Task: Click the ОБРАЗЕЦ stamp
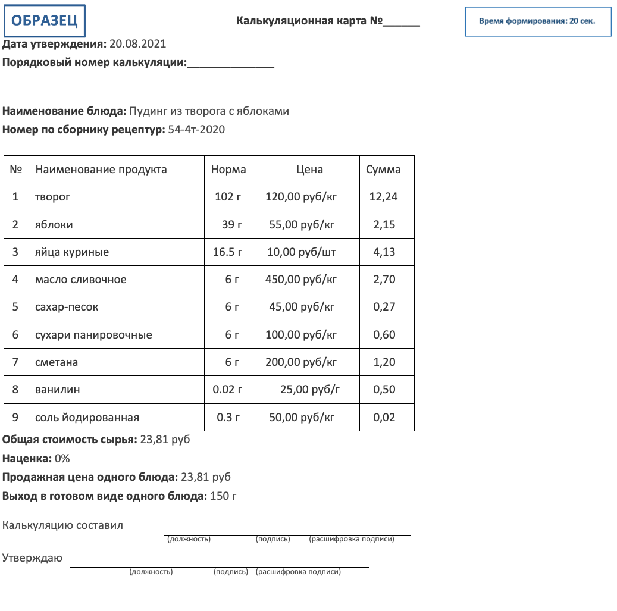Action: [x=45, y=21]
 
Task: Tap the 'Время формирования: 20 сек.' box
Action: [x=537, y=21]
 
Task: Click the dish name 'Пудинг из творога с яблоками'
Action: [x=209, y=111]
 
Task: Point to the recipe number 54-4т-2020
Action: [x=196, y=130]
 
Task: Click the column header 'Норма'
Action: [x=228, y=170]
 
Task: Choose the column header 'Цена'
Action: [x=309, y=170]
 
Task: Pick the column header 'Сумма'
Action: [x=383, y=170]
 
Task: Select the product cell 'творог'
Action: [x=53, y=197]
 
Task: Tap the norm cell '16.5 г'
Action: [x=228, y=252]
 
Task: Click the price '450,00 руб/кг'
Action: [x=301, y=280]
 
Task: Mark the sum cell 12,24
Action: [x=384, y=197]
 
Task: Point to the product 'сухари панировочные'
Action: [x=93, y=335]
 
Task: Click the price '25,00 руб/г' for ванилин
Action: [x=309, y=390]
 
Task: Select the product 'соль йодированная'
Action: [x=87, y=418]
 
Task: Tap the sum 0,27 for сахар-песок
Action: [x=384, y=307]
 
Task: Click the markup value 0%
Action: [x=62, y=459]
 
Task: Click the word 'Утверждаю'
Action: [x=32, y=558]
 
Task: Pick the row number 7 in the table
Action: [x=15, y=362]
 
